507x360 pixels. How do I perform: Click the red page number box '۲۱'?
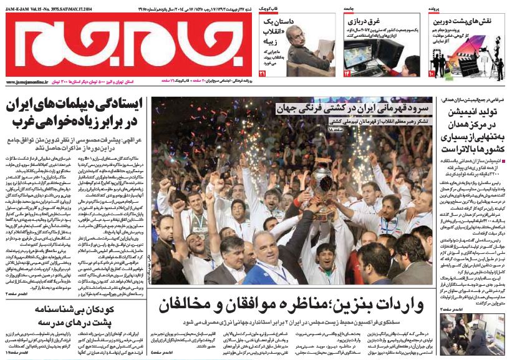pos(263,74)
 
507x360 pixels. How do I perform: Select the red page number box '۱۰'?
pos(431,74)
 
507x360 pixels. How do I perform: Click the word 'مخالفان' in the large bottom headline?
pos(187,306)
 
